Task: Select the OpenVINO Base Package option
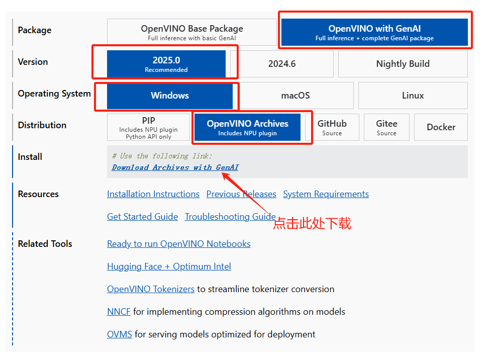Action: (192, 32)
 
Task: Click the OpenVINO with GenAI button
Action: (374, 32)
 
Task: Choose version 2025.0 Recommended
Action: (166, 64)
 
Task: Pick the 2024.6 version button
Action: (282, 64)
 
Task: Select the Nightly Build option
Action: (403, 64)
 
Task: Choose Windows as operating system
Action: (170, 96)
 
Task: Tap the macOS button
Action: (295, 96)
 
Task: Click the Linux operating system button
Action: (413, 96)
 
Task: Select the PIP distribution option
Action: (148, 127)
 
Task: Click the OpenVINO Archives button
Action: (247, 127)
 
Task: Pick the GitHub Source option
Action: (332, 127)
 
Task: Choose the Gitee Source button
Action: (386, 127)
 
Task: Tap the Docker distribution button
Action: (441, 127)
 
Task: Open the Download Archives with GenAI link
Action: (175, 167)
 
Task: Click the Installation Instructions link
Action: (153, 194)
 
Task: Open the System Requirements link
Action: (326, 194)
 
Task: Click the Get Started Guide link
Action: (142, 217)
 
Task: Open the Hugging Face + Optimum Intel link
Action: (169, 266)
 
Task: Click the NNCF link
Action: (119, 312)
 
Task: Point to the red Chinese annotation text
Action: (312, 223)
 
